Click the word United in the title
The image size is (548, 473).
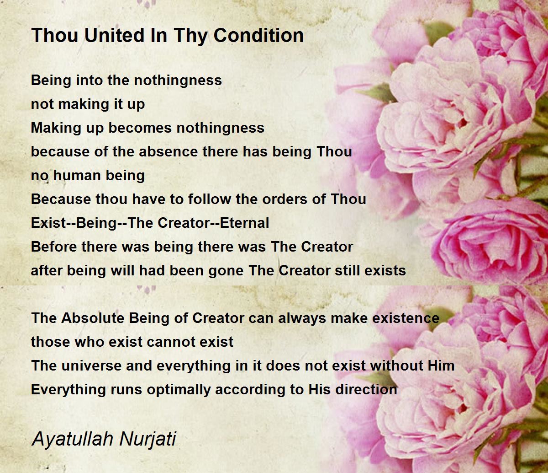coord(115,35)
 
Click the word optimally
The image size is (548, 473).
coord(179,390)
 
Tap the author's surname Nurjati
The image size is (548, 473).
coord(148,439)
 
